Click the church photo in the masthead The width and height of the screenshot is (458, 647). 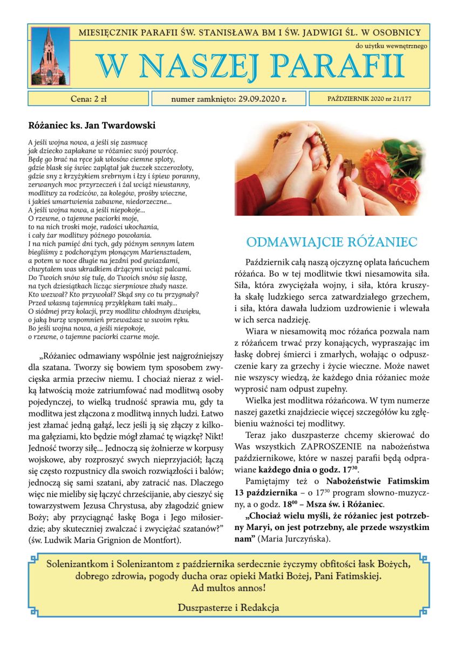[50, 56]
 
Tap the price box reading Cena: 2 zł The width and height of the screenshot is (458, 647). [88, 99]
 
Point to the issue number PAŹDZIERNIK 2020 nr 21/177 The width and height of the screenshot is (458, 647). [370, 99]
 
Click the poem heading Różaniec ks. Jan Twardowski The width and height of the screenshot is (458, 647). [92, 126]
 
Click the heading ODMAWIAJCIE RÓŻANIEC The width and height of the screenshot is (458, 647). [332, 240]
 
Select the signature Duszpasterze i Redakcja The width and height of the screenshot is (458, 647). [229, 608]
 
